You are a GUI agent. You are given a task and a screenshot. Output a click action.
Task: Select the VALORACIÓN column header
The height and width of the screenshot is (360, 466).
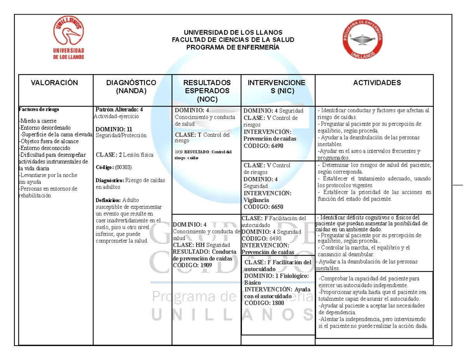click(x=54, y=83)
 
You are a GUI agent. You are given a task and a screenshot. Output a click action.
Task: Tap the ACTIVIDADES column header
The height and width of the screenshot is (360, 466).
click(x=377, y=83)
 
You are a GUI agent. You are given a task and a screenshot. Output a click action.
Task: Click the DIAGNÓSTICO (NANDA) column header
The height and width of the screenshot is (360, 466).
click(x=131, y=87)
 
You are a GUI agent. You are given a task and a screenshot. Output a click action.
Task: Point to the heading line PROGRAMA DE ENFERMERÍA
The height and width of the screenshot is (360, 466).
click(x=233, y=47)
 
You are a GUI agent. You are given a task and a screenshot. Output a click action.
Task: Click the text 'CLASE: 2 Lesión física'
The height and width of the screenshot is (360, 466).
click(x=124, y=155)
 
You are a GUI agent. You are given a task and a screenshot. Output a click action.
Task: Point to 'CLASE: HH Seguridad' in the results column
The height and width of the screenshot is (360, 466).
click(x=201, y=245)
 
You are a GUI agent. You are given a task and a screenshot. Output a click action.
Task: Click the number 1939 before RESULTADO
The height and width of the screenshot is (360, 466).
click(x=179, y=152)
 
